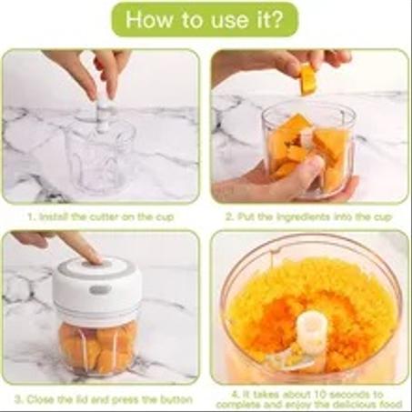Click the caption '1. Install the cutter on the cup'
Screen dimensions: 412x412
(102, 217)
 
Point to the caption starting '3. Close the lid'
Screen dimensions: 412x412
(101, 397)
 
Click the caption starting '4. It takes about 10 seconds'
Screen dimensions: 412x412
(309, 397)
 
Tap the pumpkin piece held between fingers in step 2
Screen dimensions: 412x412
(308, 80)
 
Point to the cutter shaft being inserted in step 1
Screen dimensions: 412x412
(104, 114)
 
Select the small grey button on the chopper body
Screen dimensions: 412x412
(100, 290)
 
